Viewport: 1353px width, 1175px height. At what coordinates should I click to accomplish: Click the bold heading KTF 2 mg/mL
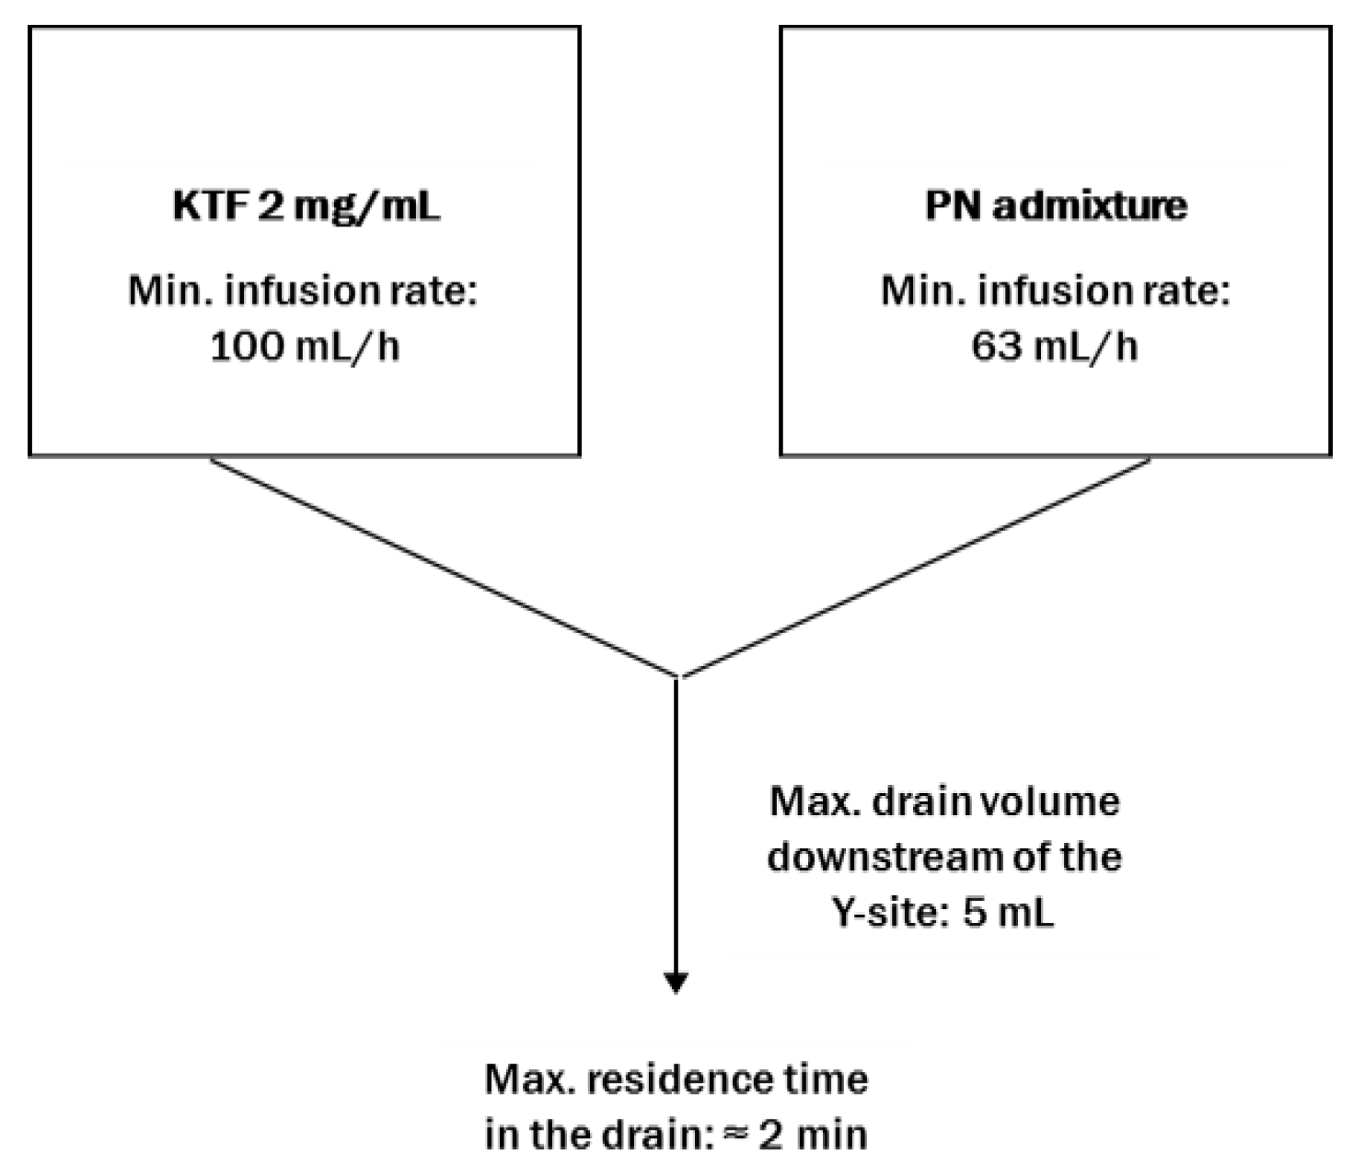click(306, 206)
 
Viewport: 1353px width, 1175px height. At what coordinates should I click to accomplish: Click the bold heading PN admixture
click(1056, 206)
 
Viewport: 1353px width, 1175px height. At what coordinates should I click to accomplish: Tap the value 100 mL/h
click(306, 348)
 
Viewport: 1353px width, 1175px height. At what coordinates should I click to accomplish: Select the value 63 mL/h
click(1055, 348)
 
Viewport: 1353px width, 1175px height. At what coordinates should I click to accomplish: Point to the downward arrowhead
click(676, 983)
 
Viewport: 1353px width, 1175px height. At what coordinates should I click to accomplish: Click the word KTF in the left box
click(210, 206)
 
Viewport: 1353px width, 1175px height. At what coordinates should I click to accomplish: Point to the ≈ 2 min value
click(796, 1135)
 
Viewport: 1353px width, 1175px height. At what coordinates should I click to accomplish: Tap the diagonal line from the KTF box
click(442, 566)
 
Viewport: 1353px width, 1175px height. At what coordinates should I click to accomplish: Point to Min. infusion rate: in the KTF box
click(303, 291)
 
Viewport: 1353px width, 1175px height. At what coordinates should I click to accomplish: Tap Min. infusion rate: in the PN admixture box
click(1055, 291)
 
